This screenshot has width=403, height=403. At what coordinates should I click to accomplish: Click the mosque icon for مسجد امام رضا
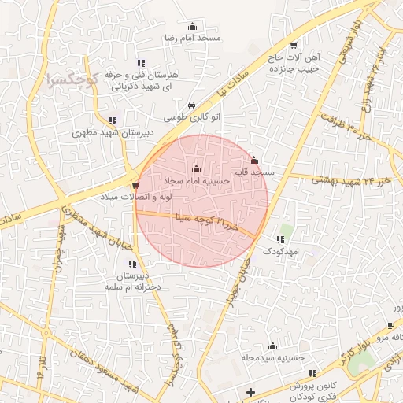point(193,26)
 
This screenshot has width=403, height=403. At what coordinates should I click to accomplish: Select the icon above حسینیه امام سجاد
point(196,168)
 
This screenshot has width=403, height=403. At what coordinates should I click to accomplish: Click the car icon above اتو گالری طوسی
point(192,105)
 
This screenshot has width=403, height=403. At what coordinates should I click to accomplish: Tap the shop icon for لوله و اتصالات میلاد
point(136,186)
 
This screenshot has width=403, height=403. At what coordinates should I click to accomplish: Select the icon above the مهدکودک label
point(280,239)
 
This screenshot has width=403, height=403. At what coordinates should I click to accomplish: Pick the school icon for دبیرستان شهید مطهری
point(113,120)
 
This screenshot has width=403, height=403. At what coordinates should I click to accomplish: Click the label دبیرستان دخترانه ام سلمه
point(132,282)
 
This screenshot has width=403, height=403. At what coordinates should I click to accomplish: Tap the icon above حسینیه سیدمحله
point(272,345)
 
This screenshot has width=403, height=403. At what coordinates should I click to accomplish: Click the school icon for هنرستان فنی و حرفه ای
point(141,62)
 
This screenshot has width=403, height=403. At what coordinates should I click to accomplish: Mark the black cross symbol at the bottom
point(250,392)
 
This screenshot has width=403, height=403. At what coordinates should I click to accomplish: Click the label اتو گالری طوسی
point(187,116)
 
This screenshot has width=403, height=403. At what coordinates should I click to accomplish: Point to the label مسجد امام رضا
point(192,38)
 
